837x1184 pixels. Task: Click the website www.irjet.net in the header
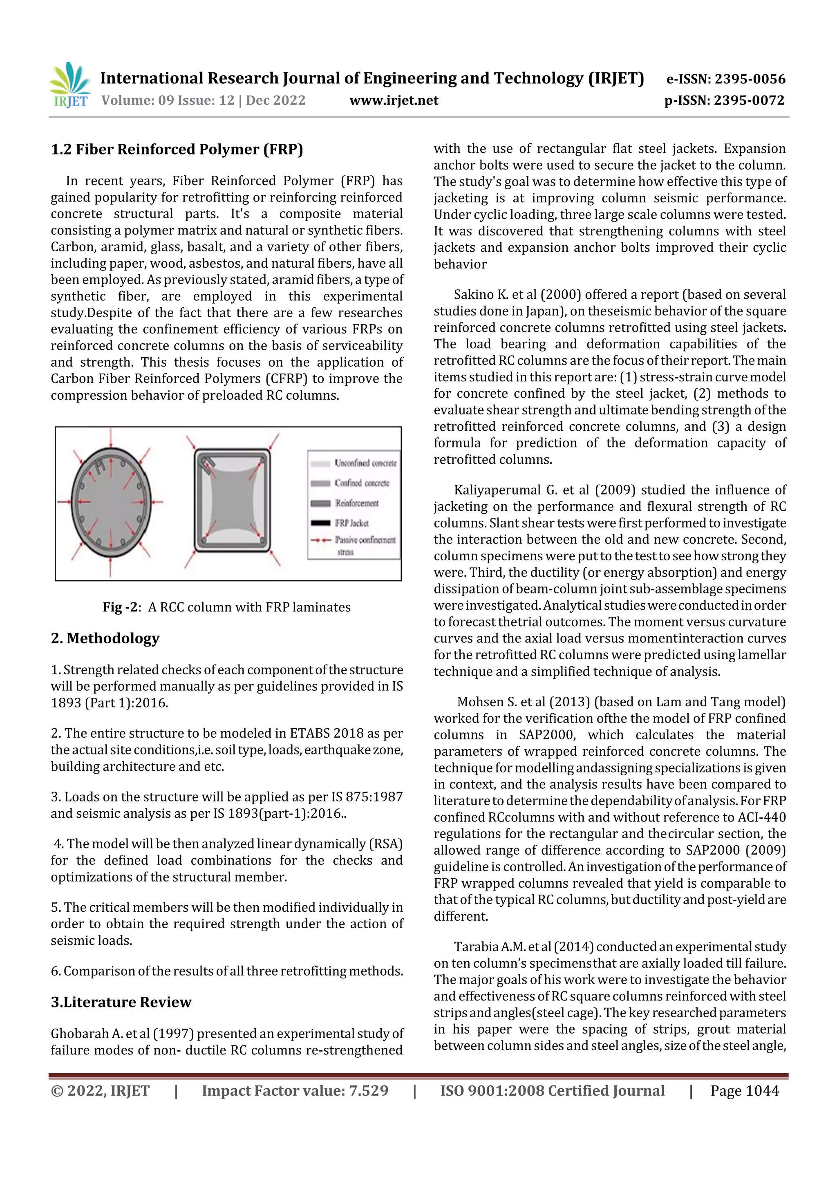[x=394, y=101]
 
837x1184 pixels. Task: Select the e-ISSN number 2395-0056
[x=749, y=79]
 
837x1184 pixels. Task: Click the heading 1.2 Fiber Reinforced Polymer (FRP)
[x=177, y=150]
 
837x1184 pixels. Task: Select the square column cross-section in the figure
[x=232, y=500]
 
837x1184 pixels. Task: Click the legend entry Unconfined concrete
[x=365, y=463]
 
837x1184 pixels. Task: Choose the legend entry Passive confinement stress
[x=365, y=540]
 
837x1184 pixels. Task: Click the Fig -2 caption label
[x=121, y=607]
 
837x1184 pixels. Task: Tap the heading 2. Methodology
[x=105, y=638]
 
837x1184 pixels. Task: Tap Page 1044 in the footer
[x=745, y=1091]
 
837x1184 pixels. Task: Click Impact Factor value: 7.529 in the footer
[x=295, y=1091]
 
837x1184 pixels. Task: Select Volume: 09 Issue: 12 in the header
[x=168, y=101]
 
